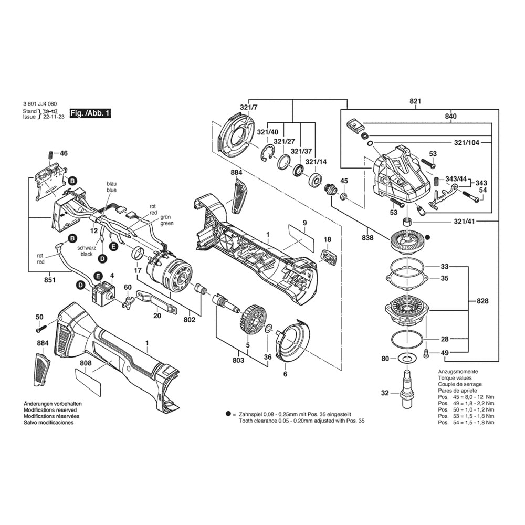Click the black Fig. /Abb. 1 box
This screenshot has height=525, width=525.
point(90,113)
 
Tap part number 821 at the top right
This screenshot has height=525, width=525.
point(415,101)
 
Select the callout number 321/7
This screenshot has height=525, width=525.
point(249,108)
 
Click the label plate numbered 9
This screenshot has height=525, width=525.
point(301,238)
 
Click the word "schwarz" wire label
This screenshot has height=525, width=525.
point(87,248)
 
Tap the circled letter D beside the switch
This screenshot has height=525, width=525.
point(80,285)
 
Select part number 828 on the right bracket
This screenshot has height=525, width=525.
point(482,301)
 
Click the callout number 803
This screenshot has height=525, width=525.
point(238,360)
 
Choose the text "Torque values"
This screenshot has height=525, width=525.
point(455,378)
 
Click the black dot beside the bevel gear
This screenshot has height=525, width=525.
point(427,237)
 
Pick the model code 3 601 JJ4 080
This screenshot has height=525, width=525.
point(40,104)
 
